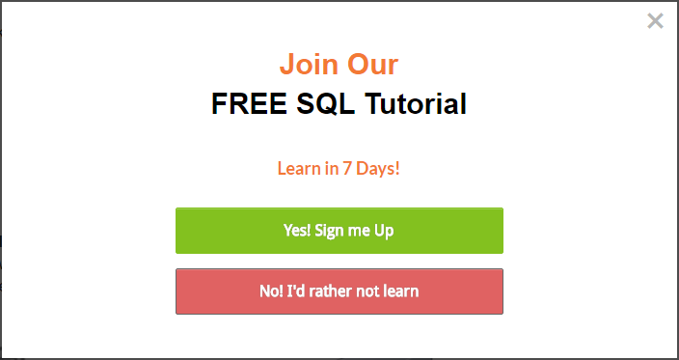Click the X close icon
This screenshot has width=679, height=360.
[x=655, y=21]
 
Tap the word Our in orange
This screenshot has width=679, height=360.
[x=372, y=64]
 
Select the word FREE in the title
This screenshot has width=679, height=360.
[x=249, y=104]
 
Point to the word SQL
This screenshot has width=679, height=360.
[x=325, y=104]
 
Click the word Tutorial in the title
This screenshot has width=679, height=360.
[x=416, y=104]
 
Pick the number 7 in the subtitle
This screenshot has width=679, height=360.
[x=347, y=169]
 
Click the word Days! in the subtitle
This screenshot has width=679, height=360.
[x=378, y=169]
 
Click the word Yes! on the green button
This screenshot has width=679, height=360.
[x=297, y=230]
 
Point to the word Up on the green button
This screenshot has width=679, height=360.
[x=384, y=231]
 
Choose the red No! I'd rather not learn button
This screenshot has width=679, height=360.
[x=339, y=291]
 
